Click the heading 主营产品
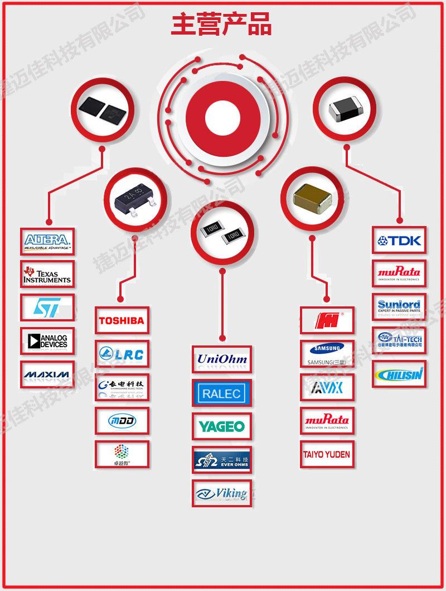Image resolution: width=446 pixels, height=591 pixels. pos(221,26)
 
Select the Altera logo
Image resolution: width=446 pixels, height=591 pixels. pos(47,242)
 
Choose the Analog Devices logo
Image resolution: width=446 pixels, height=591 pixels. pos(47,340)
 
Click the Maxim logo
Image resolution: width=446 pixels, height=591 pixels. pos(47,374)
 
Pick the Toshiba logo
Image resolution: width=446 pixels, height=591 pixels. pos(122,320)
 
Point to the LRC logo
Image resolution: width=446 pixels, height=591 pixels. pos(122,354)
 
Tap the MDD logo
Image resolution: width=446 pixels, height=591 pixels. pos(122,421)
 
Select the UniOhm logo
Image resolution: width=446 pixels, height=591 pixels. pos(222,359)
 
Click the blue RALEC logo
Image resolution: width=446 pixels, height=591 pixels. pos(222,393)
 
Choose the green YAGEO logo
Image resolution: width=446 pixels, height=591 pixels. pos(222,427)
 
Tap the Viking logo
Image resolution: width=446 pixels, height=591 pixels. pos(222,493)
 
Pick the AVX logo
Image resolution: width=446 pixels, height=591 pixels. pos(327,387)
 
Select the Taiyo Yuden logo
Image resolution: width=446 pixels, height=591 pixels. pos(327,454)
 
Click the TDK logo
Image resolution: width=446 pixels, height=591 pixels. pos(399,241)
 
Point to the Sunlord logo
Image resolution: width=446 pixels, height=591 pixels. pos(399,307)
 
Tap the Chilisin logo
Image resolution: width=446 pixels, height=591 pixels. pos(399,374)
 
